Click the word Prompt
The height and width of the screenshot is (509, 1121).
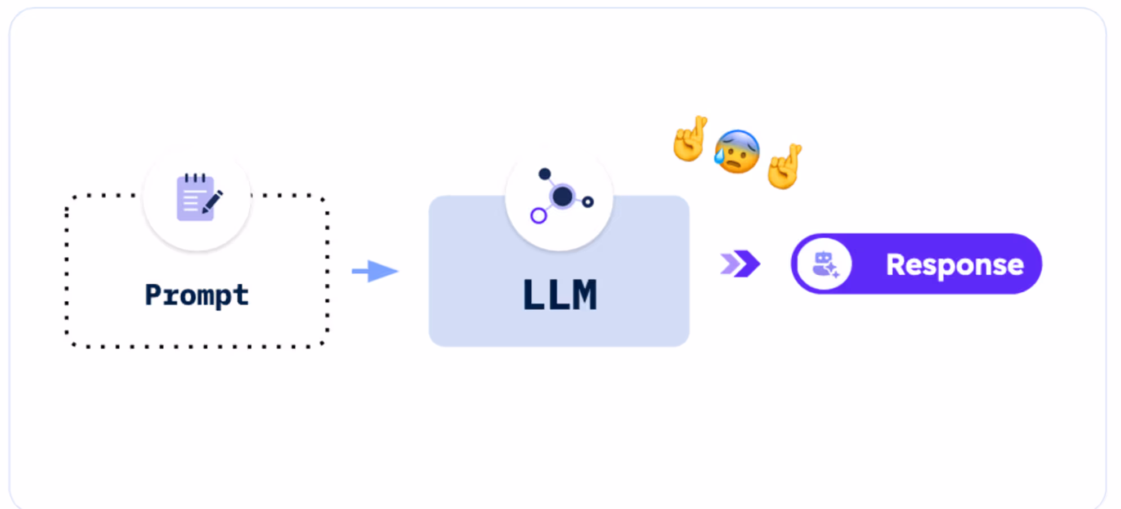tap(196, 294)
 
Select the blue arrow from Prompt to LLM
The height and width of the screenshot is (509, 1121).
tap(375, 271)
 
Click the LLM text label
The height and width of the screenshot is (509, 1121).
tap(559, 295)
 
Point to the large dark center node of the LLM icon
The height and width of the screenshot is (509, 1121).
tap(562, 197)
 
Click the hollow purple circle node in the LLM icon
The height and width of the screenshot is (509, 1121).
tap(539, 216)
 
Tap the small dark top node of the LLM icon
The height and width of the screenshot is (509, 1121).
tap(545, 174)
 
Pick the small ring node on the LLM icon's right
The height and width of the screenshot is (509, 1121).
tap(588, 202)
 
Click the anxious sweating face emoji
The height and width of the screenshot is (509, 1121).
tap(737, 151)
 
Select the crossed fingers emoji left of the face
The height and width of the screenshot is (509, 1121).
tap(690, 139)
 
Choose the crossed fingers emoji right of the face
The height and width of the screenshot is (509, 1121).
tap(784, 166)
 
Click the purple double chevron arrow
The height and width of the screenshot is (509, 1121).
tap(741, 264)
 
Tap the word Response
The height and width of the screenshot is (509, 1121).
tap(954, 265)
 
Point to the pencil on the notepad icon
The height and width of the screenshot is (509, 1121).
tap(212, 202)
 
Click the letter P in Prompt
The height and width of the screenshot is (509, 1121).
tap(154, 294)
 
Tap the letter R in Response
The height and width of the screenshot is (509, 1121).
tap(896, 264)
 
